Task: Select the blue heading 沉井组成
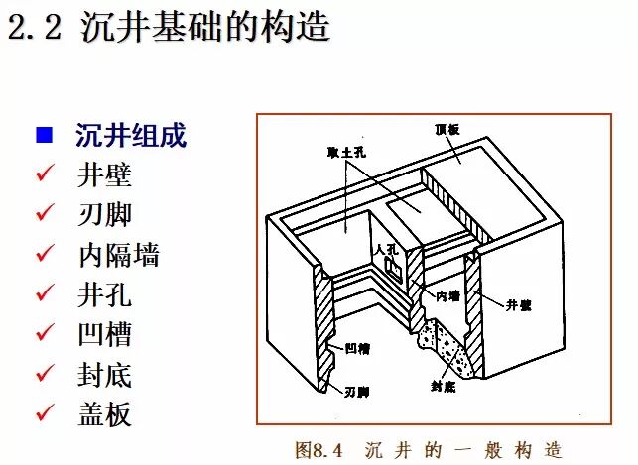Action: tap(131, 135)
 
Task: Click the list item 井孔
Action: tap(104, 294)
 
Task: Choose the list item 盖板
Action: tap(104, 413)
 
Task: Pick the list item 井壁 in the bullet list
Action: tap(104, 174)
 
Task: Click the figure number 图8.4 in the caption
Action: tap(318, 449)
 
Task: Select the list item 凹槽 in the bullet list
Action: tap(104, 334)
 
